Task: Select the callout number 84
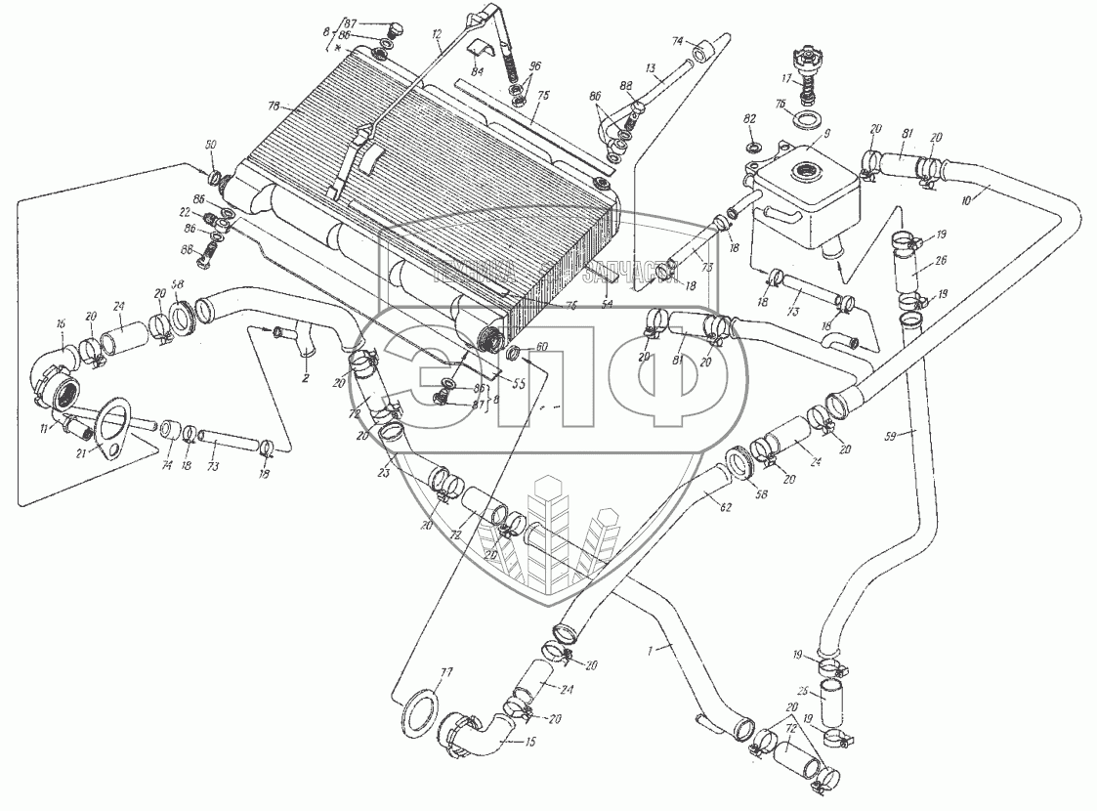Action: click(x=477, y=71)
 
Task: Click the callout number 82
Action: click(x=750, y=119)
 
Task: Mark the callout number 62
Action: click(x=724, y=507)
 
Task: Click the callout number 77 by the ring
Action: click(x=446, y=672)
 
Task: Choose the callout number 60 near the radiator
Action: click(x=542, y=346)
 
